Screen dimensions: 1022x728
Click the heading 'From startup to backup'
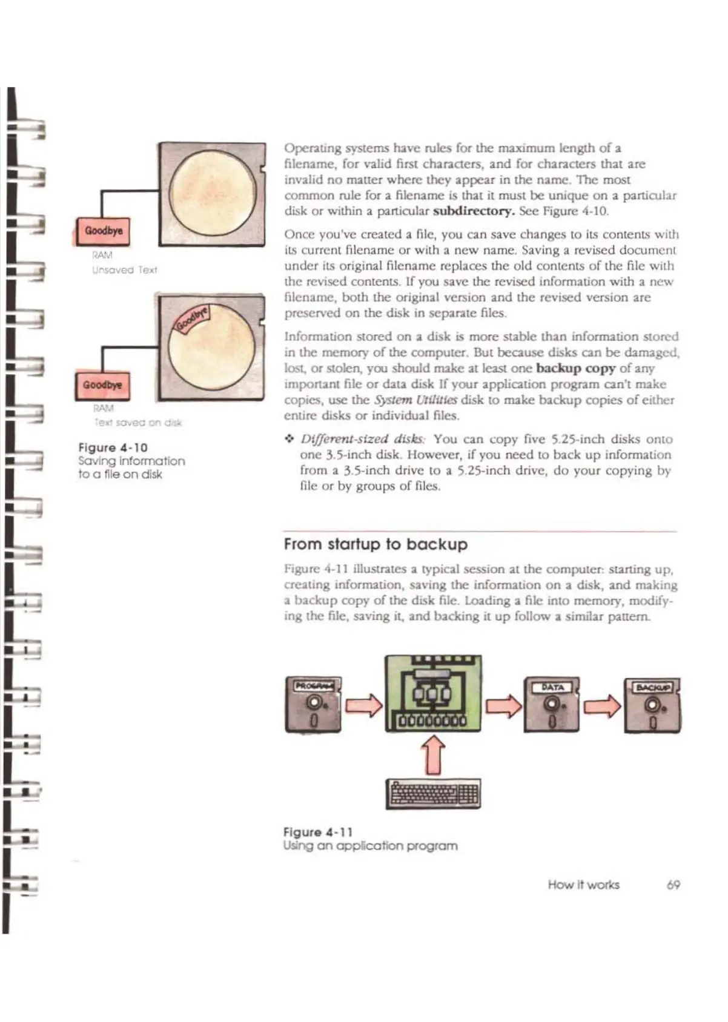point(376,544)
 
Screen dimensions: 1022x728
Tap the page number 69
point(673,885)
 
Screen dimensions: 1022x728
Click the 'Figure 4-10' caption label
point(113,447)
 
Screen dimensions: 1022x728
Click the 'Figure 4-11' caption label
point(318,832)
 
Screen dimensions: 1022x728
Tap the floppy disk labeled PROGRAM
point(313,705)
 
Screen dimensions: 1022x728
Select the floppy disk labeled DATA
point(551,705)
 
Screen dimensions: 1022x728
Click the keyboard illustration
point(434,794)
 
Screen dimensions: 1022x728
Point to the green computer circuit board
point(434,694)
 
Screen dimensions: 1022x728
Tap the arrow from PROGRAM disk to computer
point(363,705)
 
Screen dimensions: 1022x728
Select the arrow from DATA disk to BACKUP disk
point(602,705)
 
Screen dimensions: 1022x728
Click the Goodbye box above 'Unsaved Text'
point(104,231)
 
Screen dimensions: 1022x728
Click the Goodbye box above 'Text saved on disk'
point(102,385)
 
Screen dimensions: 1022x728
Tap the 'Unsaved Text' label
point(125,270)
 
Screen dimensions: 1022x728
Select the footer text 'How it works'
point(583,885)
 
